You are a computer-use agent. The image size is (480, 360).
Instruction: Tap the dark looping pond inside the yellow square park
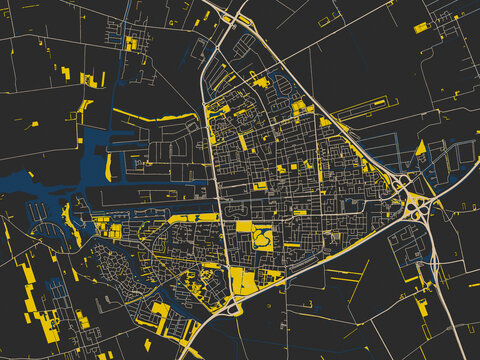[263, 239]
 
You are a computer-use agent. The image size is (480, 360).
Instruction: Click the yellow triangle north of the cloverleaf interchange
[420, 150]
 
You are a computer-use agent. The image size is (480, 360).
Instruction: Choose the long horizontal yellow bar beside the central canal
[194, 217]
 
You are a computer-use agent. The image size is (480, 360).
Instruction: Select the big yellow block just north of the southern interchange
[242, 279]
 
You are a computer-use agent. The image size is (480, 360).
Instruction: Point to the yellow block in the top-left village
[131, 43]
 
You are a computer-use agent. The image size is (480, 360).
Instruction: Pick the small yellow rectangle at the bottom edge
[147, 344]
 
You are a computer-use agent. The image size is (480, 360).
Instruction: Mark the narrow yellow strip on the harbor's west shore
[108, 166]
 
